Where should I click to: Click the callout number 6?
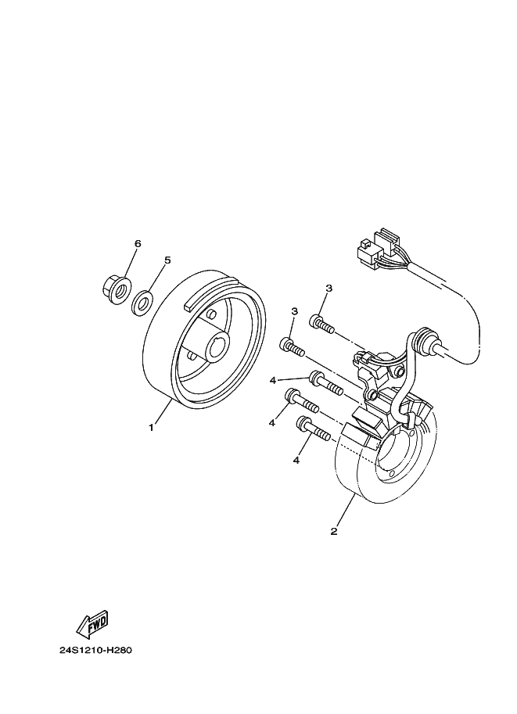tap(138, 244)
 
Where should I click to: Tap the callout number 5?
tap(167, 260)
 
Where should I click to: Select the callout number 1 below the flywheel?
tap(151, 428)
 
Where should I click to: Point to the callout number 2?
tap(334, 532)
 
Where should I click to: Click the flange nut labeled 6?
tap(116, 289)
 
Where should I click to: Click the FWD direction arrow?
tap(92, 623)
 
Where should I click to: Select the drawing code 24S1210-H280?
tap(95, 651)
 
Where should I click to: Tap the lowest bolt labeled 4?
tap(313, 429)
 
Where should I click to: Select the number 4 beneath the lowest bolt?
tap(296, 461)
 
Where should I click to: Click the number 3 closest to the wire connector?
tap(329, 289)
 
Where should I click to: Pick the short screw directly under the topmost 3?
tap(321, 324)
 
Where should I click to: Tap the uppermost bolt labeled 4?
tap(325, 384)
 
